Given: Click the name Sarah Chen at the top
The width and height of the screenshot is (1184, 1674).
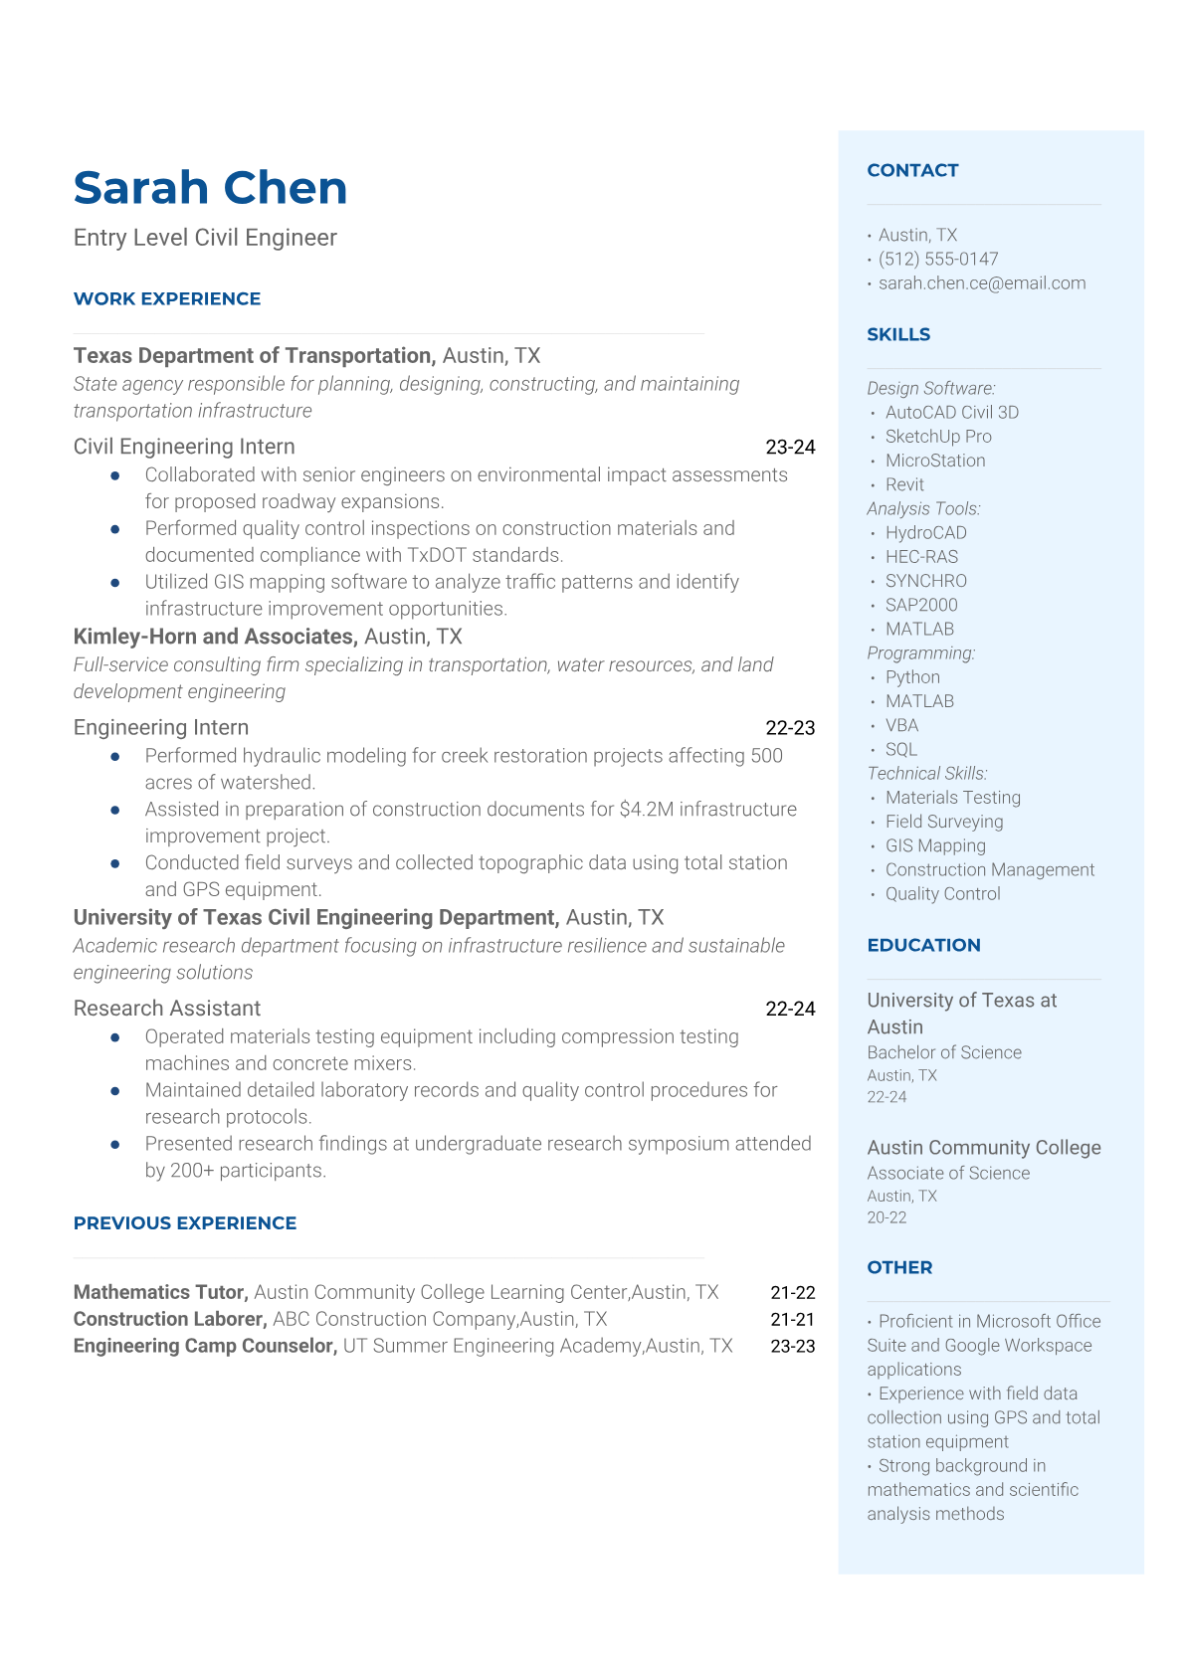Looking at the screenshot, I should click(x=210, y=188).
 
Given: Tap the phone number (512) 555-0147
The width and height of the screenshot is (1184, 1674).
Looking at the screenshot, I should click(x=937, y=259).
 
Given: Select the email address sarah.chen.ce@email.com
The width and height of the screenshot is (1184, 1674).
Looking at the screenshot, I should click(x=981, y=283).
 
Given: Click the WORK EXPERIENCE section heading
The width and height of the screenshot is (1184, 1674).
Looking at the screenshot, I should click(x=167, y=298).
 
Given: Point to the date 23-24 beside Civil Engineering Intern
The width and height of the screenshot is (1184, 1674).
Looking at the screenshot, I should click(x=790, y=448).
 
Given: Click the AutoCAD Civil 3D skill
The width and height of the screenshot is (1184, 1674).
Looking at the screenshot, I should click(x=951, y=412).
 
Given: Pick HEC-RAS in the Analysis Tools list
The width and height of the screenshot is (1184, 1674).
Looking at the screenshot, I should click(x=921, y=557).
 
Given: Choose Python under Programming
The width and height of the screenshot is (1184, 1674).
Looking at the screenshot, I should click(x=912, y=677).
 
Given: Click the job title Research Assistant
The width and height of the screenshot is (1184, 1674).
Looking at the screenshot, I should click(x=167, y=1009).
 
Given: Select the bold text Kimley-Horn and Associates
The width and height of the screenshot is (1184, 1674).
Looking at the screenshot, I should click(x=214, y=637).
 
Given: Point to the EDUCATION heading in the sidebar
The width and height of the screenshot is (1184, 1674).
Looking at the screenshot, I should click(x=923, y=945).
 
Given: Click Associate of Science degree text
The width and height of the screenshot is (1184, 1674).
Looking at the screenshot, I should click(x=948, y=1173).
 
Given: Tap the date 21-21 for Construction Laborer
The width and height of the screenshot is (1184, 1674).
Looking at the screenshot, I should click(x=792, y=1319).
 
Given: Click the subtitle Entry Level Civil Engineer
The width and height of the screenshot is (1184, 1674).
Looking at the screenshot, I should click(x=205, y=238).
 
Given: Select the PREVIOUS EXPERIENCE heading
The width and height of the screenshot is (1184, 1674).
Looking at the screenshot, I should click(x=185, y=1223).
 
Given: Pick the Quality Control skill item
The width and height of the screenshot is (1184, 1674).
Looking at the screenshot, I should click(x=942, y=894).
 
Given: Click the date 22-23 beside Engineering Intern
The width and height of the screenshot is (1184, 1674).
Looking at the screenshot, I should click(x=790, y=728).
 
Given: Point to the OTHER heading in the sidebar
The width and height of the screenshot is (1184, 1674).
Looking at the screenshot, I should click(x=899, y=1267).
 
